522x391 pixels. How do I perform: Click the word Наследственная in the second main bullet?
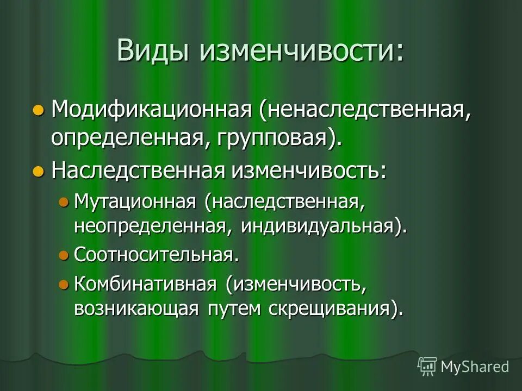click(138, 171)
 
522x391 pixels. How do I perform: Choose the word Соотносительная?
click(157, 254)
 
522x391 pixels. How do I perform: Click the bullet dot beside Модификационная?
click(38, 110)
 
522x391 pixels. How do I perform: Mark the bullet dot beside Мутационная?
click(64, 203)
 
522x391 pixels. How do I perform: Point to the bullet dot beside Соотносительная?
click(64, 254)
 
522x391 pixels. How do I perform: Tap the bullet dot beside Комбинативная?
click(64, 284)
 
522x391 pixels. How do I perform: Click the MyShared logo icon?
click(427, 367)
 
